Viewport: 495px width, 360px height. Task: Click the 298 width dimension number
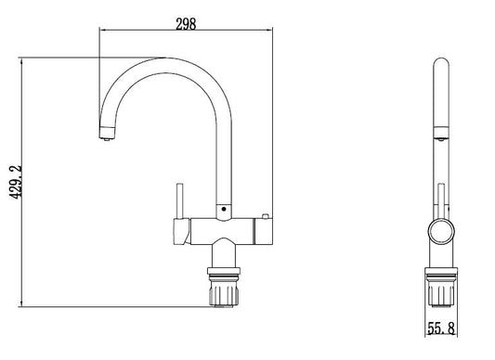tap(186, 24)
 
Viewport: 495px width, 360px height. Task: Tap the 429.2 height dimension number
tap(16, 182)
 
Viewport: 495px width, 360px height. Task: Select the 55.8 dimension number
tap(441, 328)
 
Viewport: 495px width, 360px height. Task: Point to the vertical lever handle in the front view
tap(179, 200)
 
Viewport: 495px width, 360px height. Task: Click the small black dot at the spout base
tap(224, 209)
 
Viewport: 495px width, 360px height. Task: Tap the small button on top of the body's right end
tap(265, 216)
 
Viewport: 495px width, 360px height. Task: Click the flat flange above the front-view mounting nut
tap(224, 271)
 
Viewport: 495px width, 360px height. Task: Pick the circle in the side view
tap(441, 231)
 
